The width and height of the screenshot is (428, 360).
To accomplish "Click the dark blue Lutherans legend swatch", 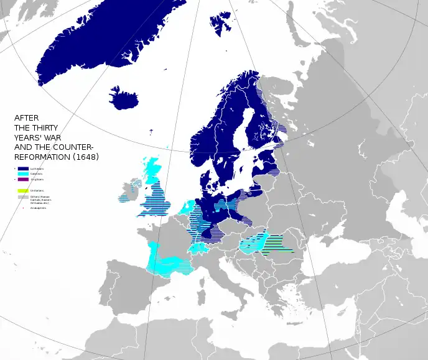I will [23, 168].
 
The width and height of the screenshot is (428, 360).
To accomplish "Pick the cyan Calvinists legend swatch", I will [23, 173].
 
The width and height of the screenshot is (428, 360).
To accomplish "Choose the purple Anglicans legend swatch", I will [23, 179].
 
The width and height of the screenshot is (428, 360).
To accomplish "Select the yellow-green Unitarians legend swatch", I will [23, 190].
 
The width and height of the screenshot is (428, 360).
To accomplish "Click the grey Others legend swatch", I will [23, 196].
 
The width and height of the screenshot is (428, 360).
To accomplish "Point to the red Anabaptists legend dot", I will [23, 208].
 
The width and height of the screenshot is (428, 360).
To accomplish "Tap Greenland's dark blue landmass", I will [100, 44].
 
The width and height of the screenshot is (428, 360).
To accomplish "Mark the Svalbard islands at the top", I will [221, 22].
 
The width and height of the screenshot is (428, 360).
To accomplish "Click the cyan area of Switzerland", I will [198, 247].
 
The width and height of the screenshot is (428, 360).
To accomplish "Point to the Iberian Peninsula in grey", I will [124, 292].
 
